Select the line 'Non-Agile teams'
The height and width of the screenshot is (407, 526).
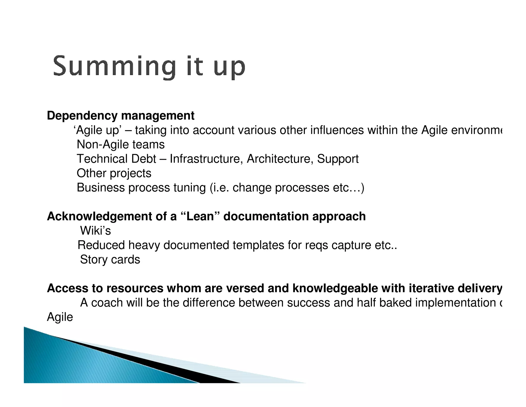click(120, 145)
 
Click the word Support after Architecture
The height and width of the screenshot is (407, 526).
click(337, 159)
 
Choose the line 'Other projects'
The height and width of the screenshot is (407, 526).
click(114, 173)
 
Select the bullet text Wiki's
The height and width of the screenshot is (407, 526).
click(95, 231)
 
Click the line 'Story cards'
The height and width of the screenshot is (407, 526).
click(110, 260)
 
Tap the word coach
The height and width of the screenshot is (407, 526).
click(107, 303)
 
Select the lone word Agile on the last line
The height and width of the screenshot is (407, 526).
click(60, 317)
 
